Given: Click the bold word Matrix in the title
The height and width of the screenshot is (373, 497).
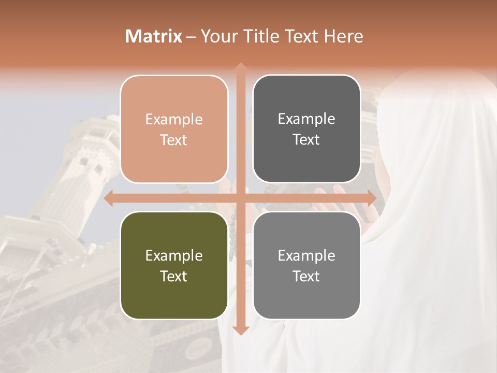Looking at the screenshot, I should (x=154, y=36).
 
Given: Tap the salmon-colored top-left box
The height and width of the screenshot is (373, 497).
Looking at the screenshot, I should (x=174, y=129).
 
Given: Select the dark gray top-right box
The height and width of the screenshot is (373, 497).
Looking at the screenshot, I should (x=306, y=129).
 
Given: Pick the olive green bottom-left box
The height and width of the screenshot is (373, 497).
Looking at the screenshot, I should (x=174, y=265).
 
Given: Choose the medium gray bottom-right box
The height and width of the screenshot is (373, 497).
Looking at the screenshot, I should (x=306, y=265).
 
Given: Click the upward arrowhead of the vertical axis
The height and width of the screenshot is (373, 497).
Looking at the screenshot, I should (x=240, y=67).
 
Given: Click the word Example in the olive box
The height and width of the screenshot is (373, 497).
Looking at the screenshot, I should (x=174, y=255).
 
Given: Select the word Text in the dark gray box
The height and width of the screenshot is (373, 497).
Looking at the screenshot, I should (x=306, y=139).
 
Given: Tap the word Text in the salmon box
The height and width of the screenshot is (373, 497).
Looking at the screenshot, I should (x=174, y=140).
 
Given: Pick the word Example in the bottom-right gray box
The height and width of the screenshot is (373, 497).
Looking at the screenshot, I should (x=306, y=255).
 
